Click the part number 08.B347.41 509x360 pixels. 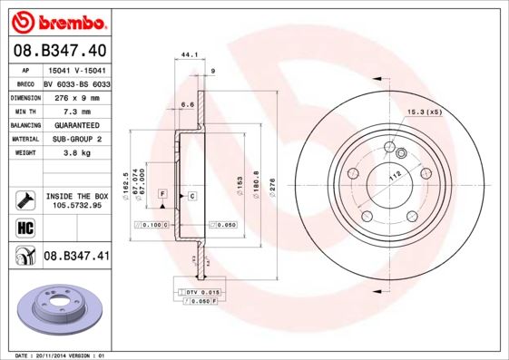pyautogui.click(x=76, y=257)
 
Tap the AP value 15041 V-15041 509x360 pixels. pyautogui.click(x=76, y=70)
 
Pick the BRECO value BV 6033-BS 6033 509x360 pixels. pyautogui.click(x=77, y=83)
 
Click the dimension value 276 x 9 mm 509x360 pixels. pyautogui.click(x=77, y=97)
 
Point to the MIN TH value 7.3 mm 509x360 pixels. pyautogui.click(x=77, y=111)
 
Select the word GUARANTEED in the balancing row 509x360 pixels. pyautogui.click(x=77, y=124)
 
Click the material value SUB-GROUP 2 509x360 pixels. pyautogui.click(x=77, y=139)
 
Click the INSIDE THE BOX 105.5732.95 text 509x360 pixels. pyautogui.click(x=77, y=200)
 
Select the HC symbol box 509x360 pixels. pyautogui.click(x=24, y=228)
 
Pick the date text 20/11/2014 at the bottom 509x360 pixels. pyautogui.click(x=56, y=355)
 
